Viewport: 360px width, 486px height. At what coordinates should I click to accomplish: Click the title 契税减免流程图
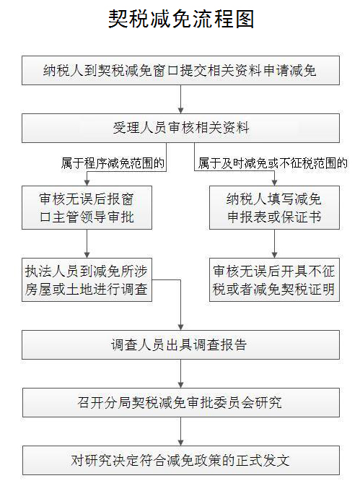click(181, 19)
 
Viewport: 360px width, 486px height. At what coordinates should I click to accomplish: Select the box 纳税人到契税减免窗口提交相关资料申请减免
click(180, 70)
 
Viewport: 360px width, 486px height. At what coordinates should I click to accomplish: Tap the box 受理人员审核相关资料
click(180, 128)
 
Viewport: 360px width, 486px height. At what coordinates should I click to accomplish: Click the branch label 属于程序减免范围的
click(113, 163)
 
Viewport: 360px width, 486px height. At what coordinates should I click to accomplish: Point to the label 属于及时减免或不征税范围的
click(273, 163)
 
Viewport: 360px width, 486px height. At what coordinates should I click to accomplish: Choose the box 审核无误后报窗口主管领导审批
click(87, 207)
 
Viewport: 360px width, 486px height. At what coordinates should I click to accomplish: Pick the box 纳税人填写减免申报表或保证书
click(274, 207)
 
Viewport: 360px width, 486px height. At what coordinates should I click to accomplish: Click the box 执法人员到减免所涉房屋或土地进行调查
click(87, 279)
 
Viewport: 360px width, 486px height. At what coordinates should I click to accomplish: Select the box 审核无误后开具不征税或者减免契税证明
click(274, 279)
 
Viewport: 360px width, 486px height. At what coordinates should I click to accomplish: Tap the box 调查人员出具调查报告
click(180, 344)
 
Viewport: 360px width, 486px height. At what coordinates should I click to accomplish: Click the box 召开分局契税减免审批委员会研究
click(181, 402)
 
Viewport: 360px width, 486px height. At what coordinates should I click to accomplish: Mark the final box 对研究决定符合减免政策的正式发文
click(181, 460)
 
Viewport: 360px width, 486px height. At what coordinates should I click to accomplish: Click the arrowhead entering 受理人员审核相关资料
click(181, 110)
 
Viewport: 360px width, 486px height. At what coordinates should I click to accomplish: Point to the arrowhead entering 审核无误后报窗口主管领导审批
click(87, 183)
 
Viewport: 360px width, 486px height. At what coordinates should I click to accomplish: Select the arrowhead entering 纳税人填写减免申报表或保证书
click(274, 183)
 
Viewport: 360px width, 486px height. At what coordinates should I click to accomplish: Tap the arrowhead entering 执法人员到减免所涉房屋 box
click(87, 255)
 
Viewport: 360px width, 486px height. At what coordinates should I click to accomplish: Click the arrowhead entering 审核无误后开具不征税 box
click(274, 255)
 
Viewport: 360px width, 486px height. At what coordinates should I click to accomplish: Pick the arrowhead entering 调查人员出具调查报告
click(181, 327)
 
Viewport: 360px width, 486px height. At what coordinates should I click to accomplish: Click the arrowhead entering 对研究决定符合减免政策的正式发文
click(181, 443)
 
